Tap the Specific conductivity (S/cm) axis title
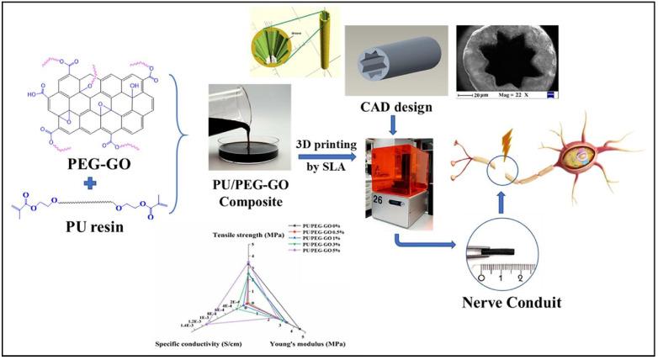(x=200, y=345)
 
